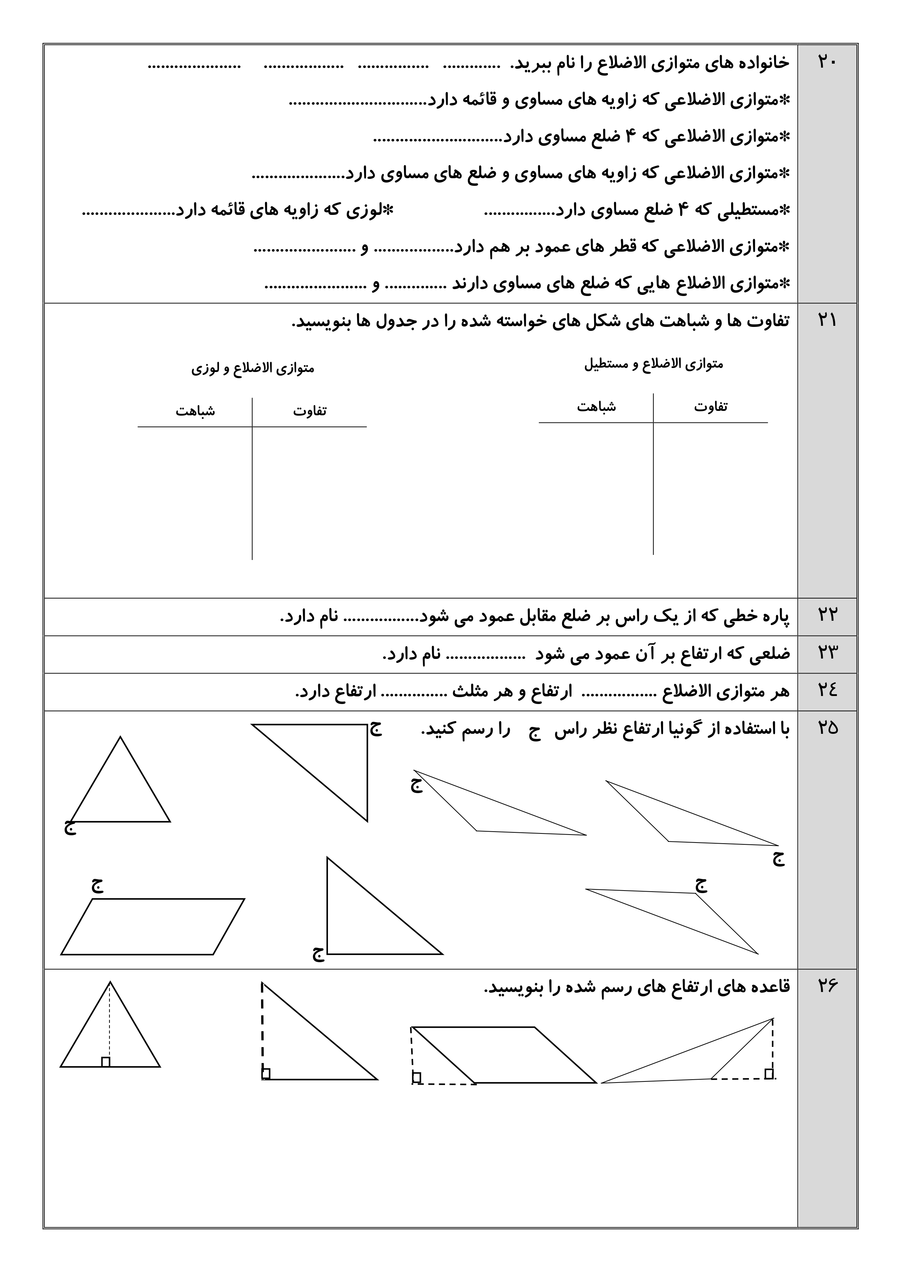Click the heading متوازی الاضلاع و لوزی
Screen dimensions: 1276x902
point(253,368)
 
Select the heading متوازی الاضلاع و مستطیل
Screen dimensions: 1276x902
point(654,364)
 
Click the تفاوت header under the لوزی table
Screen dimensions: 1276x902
point(309,411)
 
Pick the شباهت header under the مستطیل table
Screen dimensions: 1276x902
point(596,406)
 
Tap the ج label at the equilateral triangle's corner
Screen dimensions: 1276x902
point(69,828)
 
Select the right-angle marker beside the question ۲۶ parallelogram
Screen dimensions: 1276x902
point(416,1077)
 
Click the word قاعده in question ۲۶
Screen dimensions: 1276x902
point(769,987)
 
